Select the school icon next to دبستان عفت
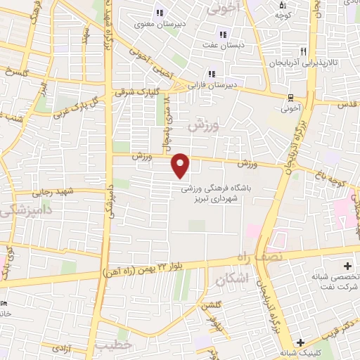click(223, 34)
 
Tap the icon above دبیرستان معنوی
click(159, 13)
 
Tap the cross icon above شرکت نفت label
click(347, 266)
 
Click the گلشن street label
click(210, 306)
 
